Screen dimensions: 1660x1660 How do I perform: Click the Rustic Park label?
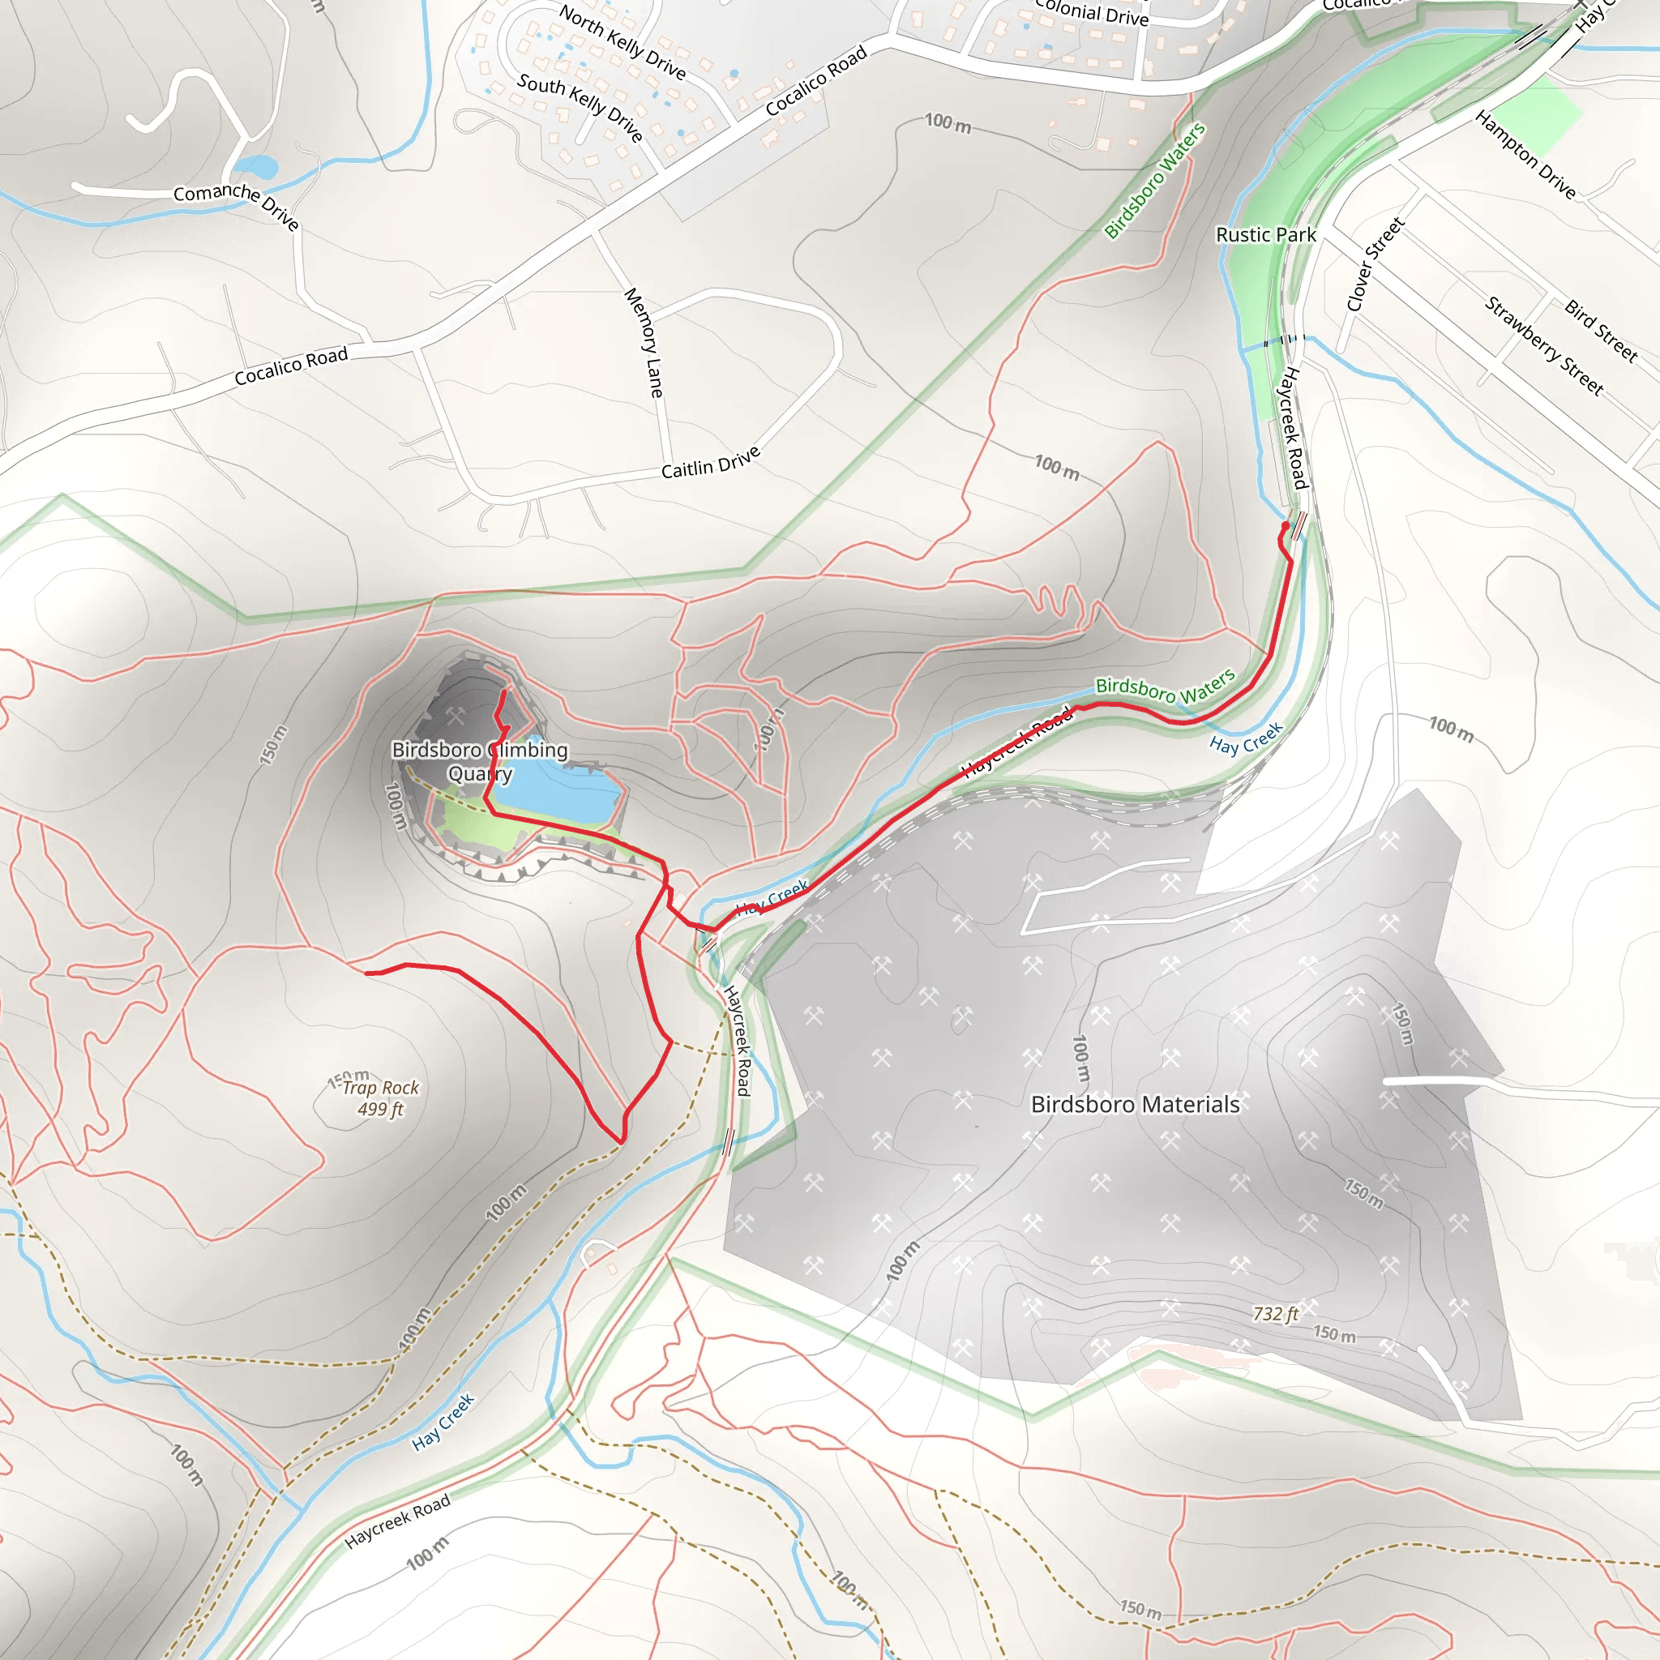pyautogui.click(x=1264, y=234)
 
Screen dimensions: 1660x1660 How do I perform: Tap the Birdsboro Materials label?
pyautogui.click(x=1135, y=1104)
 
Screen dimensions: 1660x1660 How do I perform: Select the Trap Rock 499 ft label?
pyautogui.click(x=381, y=1098)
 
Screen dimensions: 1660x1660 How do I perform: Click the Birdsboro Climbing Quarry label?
pyautogui.click(x=480, y=761)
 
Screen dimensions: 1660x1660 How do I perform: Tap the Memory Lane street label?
pyautogui.click(x=644, y=342)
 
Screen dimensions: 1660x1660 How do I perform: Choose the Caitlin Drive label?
pyautogui.click(x=711, y=462)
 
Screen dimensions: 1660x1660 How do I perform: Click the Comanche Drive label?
pyautogui.click(x=237, y=204)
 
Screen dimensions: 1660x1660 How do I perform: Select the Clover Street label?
pyautogui.click(x=1374, y=263)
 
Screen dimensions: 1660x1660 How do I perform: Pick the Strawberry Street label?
pyautogui.click(x=1544, y=345)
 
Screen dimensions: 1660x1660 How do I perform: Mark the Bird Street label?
pyautogui.click(x=1601, y=331)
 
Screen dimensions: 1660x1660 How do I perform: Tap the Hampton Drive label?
pyautogui.click(x=1525, y=155)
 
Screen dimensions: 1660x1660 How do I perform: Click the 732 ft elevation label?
pyautogui.click(x=1275, y=1313)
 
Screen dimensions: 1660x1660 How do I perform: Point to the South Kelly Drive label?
pyautogui.click(x=580, y=105)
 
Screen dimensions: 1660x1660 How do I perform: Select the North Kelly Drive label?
pyautogui.click(x=622, y=41)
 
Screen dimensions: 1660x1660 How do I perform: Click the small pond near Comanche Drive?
pyautogui.click(x=255, y=166)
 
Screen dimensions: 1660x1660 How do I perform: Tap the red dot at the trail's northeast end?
pyautogui.click(x=1286, y=526)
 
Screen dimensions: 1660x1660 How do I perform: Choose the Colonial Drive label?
pyautogui.click(x=1091, y=12)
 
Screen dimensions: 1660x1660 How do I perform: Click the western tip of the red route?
pyautogui.click(x=367, y=973)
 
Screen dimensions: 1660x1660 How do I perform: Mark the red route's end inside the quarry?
pyautogui.click(x=503, y=692)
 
